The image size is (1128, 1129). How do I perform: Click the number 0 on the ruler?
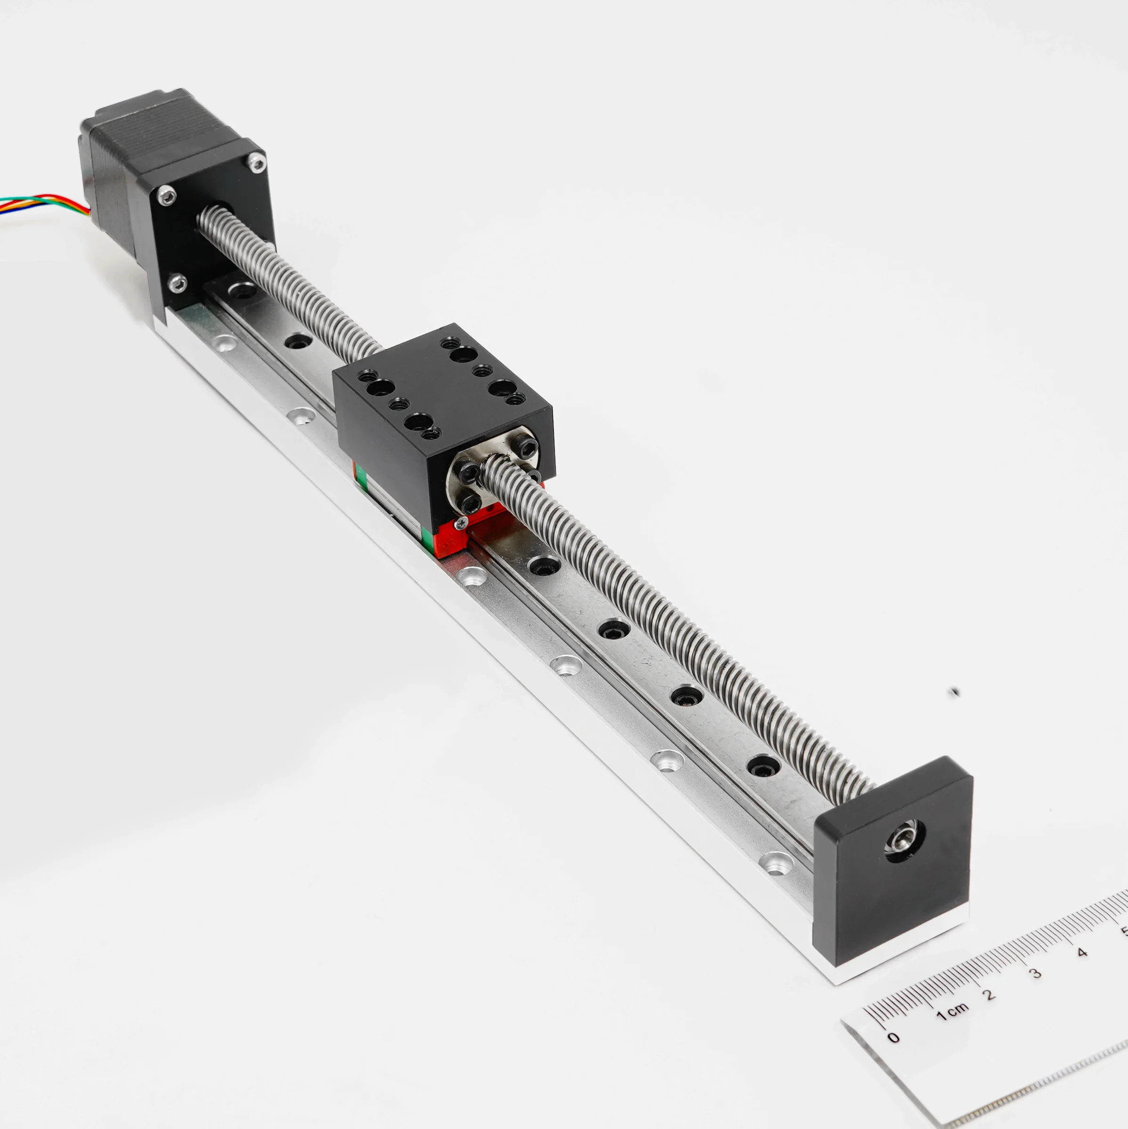coord(893,1038)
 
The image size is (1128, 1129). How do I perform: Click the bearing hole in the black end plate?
coord(904,840)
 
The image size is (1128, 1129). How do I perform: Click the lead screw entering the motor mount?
coord(219,225)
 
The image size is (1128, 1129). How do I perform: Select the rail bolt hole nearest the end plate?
coord(762,766)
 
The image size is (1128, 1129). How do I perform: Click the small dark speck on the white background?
coord(954,693)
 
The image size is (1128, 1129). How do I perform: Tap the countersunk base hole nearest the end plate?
coord(776,863)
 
